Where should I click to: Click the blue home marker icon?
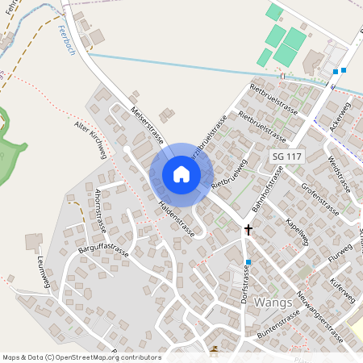[x=181, y=174]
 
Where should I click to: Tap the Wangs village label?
[x=273, y=302]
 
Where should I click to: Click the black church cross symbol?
[x=248, y=230]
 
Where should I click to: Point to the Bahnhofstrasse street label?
[x=267, y=190]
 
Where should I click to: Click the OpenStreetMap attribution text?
[x=81, y=357]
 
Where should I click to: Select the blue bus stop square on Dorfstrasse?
[x=249, y=262]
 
